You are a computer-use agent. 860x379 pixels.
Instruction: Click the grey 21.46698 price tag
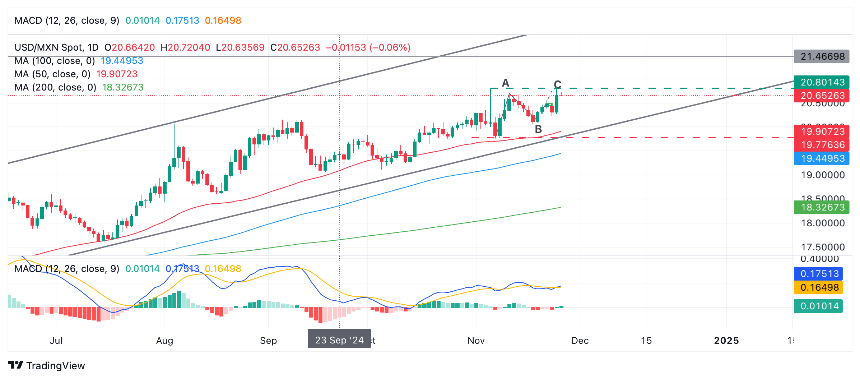coord(822,56)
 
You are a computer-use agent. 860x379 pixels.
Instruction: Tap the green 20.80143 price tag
coord(822,82)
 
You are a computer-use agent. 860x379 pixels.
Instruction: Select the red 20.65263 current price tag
coord(822,96)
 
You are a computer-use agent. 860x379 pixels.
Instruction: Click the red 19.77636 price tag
coord(822,145)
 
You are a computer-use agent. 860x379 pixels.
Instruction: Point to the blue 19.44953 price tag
coord(822,158)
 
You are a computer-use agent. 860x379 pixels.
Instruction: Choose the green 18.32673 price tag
coord(822,207)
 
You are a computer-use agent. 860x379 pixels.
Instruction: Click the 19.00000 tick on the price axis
coord(823,175)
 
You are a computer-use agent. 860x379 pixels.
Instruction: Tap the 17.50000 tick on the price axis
coord(823,247)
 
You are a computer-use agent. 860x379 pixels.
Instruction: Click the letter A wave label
coord(506,83)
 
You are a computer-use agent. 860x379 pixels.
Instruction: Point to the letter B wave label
coord(538,129)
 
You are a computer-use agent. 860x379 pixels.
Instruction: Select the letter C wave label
coord(557,84)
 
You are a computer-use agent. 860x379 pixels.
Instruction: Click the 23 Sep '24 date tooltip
coord(339,340)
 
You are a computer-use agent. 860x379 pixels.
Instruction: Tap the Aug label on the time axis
coord(164,341)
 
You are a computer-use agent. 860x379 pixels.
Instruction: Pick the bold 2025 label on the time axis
coord(726,341)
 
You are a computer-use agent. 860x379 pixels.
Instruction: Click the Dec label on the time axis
coord(580,341)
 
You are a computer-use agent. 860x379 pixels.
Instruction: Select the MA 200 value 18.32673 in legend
coord(123,87)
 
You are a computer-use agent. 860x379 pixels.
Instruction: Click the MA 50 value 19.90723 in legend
coord(117,74)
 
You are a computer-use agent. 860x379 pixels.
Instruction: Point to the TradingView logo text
coord(55,366)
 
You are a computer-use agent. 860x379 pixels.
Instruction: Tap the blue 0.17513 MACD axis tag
coord(818,274)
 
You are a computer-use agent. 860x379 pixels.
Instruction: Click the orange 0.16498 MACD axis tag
coord(818,287)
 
